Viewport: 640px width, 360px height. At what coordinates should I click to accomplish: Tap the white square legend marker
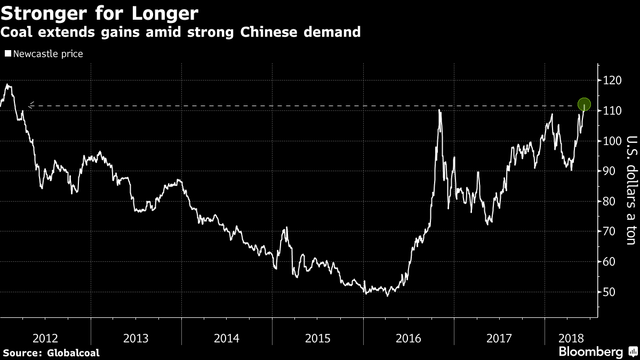click(7, 54)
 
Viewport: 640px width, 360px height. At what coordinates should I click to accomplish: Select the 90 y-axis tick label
click(610, 171)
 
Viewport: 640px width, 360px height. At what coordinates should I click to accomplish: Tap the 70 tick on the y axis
click(610, 231)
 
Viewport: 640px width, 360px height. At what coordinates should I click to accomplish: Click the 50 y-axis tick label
click(610, 292)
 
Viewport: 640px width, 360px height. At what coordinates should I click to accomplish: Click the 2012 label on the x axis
click(45, 338)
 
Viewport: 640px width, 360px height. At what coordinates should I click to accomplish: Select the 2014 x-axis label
click(227, 338)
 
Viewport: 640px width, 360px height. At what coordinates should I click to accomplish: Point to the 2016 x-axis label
click(409, 338)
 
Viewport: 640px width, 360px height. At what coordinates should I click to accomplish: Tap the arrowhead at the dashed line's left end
click(30, 105)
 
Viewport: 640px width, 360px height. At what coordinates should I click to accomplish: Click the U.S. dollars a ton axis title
click(631, 191)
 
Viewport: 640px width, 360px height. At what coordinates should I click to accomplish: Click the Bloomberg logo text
click(590, 351)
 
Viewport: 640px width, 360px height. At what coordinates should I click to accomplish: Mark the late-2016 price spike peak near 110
click(439, 110)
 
